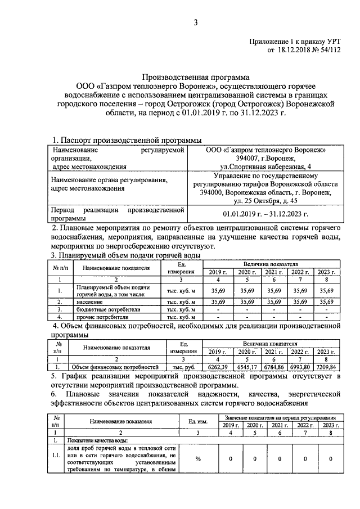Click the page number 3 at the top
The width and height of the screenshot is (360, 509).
196,22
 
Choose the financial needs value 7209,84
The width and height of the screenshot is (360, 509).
326,367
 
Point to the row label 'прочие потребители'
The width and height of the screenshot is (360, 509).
101,317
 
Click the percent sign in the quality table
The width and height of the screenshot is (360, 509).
198,459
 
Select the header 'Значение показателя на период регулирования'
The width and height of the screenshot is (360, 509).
280,418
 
